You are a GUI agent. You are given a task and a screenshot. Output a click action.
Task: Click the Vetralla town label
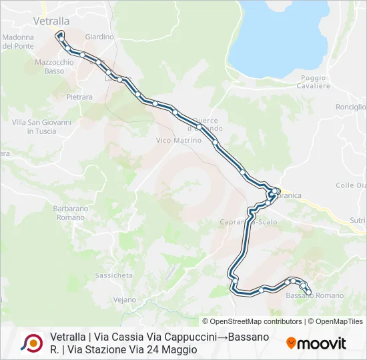[51, 21]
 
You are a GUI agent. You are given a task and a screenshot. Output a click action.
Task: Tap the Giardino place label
[100, 37]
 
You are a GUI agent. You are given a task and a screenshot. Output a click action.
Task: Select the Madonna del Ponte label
[18, 41]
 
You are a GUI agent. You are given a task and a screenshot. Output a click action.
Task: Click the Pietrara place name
[79, 97]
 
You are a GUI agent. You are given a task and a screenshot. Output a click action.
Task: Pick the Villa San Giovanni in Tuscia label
[41, 127]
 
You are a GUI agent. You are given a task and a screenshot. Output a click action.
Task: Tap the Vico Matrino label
[178, 141]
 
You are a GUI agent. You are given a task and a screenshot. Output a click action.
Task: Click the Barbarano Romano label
[70, 213]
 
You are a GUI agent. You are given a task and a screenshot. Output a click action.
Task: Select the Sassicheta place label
[114, 275]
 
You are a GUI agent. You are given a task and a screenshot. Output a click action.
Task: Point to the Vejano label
[124, 300]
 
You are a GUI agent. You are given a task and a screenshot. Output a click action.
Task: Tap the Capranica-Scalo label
[249, 222]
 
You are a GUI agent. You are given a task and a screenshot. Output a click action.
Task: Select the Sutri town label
[358, 220]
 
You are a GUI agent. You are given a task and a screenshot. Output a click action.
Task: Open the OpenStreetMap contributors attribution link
[252, 321]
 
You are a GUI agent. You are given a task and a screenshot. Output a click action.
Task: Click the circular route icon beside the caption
[32, 343]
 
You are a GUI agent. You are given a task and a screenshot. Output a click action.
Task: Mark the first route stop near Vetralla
[60, 33]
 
